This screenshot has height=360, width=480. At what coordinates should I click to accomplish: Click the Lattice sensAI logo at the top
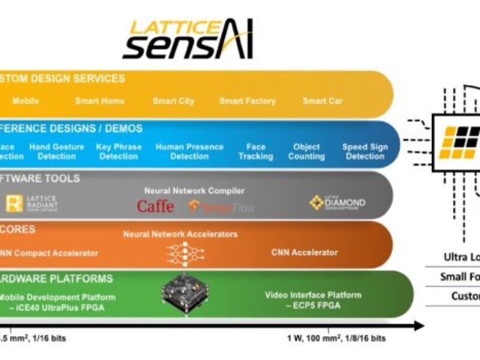pos(187,39)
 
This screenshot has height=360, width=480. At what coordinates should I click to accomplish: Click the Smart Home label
pos(100,101)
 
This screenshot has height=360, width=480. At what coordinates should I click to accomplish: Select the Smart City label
pos(173,101)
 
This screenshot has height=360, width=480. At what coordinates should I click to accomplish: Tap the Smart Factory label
pos(247,101)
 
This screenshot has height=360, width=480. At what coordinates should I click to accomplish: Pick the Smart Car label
pos(322,101)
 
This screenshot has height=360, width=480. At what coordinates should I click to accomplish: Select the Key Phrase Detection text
pos(119,151)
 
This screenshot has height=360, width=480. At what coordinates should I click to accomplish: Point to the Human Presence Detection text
pos(190,151)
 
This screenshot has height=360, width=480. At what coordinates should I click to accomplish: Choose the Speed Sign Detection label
pos(365,151)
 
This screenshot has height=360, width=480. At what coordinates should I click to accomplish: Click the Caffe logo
pos(155,206)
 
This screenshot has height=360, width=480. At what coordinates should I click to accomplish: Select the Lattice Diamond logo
pos(337,203)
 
